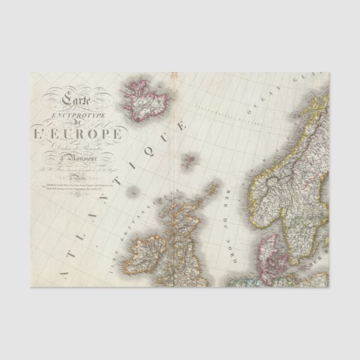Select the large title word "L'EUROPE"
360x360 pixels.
pyautogui.click(x=77, y=135)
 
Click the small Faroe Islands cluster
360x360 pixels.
pyautogui.click(x=188, y=160)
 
